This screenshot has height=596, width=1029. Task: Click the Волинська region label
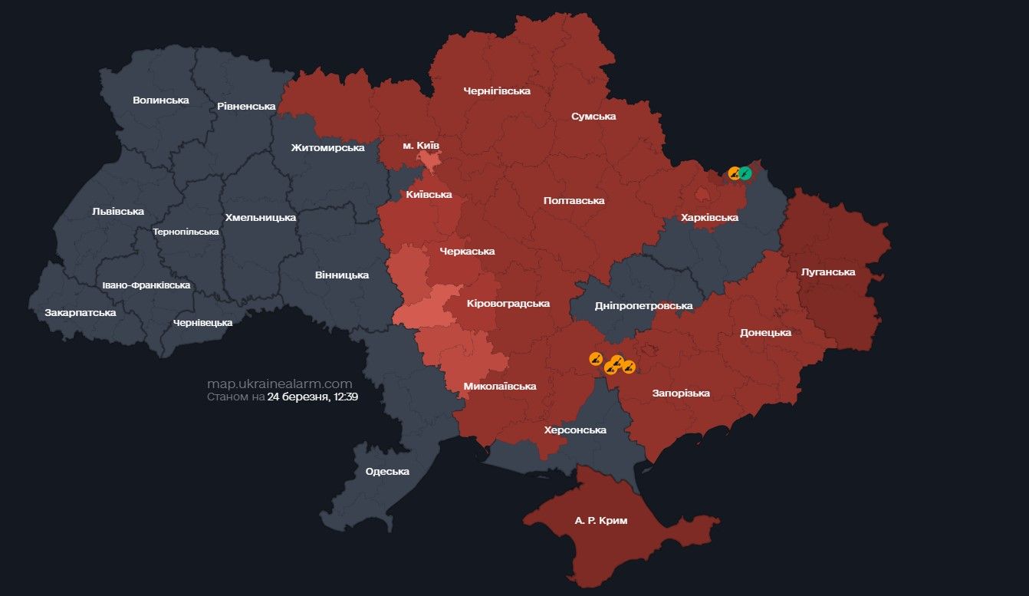(x=160, y=100)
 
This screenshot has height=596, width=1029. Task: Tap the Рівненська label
(x=246, y=106)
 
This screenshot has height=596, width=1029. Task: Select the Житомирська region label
(x=327, y=147)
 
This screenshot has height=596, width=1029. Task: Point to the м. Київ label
(x=421, y=145)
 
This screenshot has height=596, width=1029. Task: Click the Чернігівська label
(x=497, y=91)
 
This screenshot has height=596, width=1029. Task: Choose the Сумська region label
(x=593, y=117)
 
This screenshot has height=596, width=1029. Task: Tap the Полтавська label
(x=574, y=200)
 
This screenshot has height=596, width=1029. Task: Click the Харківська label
(x=709, y=218)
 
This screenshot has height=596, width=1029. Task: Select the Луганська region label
(x=827, y=272)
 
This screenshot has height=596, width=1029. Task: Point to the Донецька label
(x=765, y=332)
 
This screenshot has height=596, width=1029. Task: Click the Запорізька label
(x=681, y=393)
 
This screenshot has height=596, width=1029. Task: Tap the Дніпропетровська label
(x=643, y=305)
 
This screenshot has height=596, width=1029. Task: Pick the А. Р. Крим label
(x=601, y=520)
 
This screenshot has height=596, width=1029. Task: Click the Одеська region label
(x=387, y=471)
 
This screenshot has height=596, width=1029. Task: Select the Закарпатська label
(x=81, y=312)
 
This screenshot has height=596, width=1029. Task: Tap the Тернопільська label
(x=186, y=231)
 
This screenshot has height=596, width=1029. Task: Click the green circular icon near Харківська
(x=745, y=173)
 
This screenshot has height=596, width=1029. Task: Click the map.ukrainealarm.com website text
(x=279, y=384)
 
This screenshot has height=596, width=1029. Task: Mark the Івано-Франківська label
(x=146, y=285)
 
